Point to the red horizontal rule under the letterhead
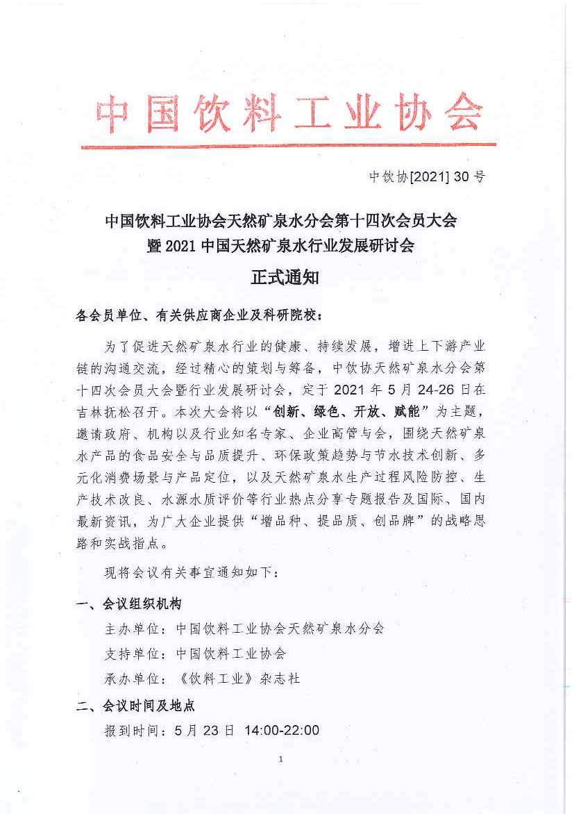point(288,145)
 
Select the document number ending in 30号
point(427,176)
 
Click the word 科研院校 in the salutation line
point(294,315)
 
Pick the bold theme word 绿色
point(313,412)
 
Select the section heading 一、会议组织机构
point(130,604)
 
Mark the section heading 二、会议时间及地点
point(136,706)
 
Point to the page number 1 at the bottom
point(280,759)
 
